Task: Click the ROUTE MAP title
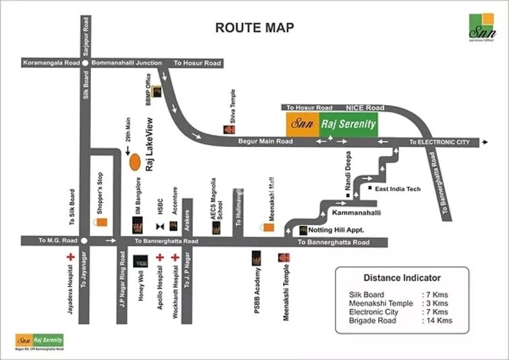point(254,28)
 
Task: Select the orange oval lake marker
point(135,162)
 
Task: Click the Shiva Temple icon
point(229,129)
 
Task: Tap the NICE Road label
point(365,107)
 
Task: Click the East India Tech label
point(398,189)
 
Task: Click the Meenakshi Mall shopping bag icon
point(268,228)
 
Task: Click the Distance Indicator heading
point(402,278)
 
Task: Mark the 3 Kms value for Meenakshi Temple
point(436,303)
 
